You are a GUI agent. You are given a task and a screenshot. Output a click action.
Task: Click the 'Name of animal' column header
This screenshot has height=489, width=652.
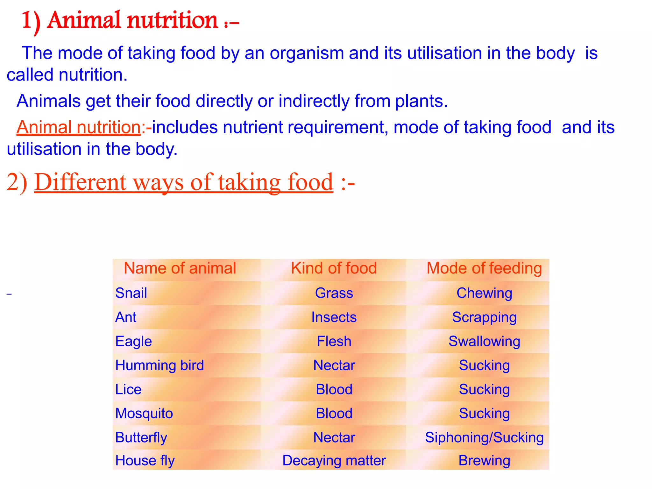180,268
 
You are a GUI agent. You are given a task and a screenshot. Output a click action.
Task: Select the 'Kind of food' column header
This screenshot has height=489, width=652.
334,268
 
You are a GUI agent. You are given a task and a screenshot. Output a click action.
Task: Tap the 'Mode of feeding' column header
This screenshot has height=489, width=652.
484,268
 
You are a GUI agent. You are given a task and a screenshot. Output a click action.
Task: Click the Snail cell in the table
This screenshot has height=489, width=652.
131,293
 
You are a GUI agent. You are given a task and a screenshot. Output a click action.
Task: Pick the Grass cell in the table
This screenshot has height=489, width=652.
334,293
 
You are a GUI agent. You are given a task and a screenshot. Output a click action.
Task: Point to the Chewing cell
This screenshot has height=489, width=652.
484,293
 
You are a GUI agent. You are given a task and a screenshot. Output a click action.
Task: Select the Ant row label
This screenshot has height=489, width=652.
126,317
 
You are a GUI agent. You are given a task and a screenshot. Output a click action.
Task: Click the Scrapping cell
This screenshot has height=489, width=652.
484,317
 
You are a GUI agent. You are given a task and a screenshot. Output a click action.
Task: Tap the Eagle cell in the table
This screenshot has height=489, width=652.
133,341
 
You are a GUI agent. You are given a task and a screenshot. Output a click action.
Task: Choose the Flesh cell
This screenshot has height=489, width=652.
334,341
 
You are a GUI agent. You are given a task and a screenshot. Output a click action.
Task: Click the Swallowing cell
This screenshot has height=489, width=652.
484,341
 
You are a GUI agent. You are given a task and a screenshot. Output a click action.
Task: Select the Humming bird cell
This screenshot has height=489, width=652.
159,365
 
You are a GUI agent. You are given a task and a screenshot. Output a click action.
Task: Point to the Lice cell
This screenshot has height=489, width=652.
128,389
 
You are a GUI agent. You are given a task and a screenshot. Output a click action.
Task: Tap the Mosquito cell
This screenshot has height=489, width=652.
144,413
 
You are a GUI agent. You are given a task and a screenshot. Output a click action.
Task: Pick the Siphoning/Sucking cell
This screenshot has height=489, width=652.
484,437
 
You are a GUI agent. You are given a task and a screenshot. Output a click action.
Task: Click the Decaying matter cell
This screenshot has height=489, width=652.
334,460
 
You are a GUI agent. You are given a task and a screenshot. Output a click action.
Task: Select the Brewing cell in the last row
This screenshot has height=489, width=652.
484,460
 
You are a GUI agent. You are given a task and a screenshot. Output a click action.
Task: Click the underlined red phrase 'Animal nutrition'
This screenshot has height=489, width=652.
79,127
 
